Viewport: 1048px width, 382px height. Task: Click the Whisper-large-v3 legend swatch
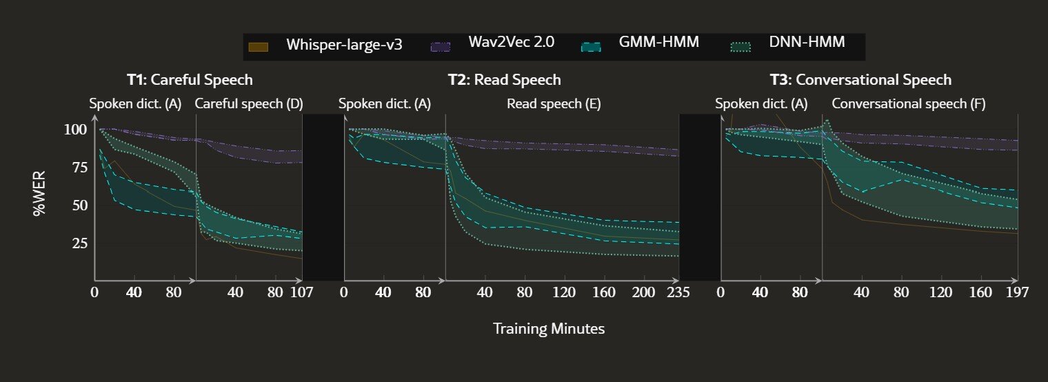tap(258, 47)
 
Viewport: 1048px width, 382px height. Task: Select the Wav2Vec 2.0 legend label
tap(512, 41)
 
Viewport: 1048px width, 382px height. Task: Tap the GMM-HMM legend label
tap(658, 41)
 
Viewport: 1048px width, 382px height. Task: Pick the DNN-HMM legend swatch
tap(740, 47)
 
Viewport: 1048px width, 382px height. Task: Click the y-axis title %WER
tap(39, 193)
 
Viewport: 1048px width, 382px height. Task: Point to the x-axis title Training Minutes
tap(549, 329)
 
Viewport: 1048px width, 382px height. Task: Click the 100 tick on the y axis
tap(75, 129)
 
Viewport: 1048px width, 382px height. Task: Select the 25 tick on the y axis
tap(79, 243)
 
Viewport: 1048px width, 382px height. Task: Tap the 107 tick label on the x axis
tap(301, 292)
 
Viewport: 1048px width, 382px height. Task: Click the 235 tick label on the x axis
tap(678, 292)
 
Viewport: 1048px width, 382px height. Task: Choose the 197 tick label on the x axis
tap(1017, 292)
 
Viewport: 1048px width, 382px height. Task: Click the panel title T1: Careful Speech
tap(190, 79)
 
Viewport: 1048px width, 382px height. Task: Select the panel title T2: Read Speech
tap(505, 79)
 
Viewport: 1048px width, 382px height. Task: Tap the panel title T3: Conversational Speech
tap(861, 79)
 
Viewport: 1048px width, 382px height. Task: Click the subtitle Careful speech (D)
tap(249, 103)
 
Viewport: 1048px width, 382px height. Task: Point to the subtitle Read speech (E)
tap(554, 103)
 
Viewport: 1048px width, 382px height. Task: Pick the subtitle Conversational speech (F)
tap(909, 103)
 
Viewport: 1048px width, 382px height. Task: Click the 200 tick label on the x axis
tap(643, 292)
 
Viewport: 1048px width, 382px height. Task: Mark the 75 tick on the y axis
tap(79, 167)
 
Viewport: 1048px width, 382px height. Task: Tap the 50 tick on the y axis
tap(79, 205)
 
